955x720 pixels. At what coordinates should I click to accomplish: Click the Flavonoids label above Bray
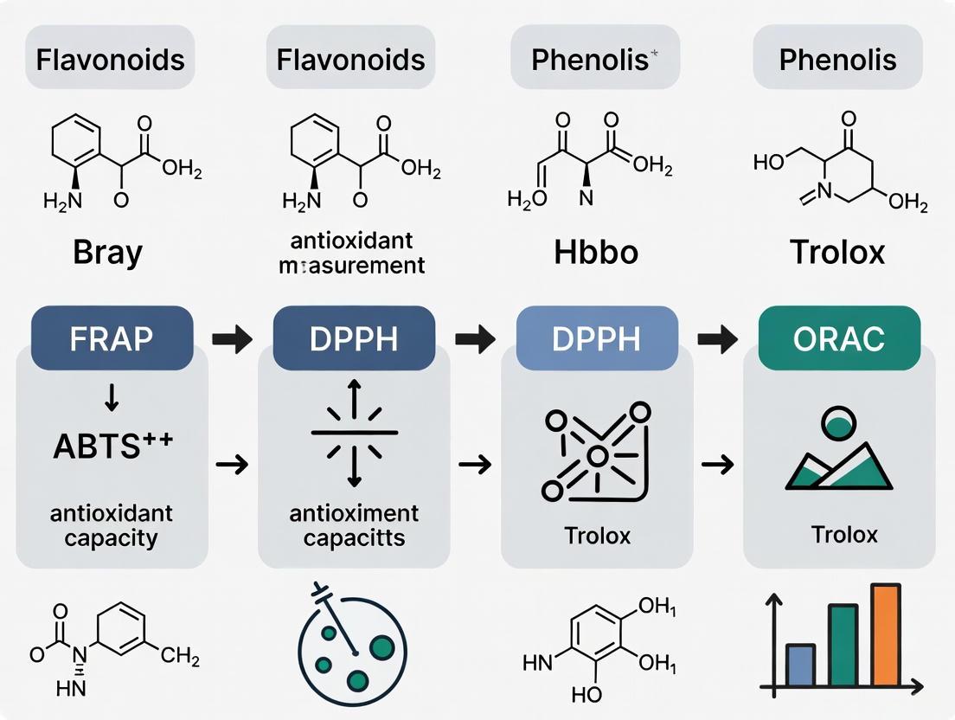click(110, 60)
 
